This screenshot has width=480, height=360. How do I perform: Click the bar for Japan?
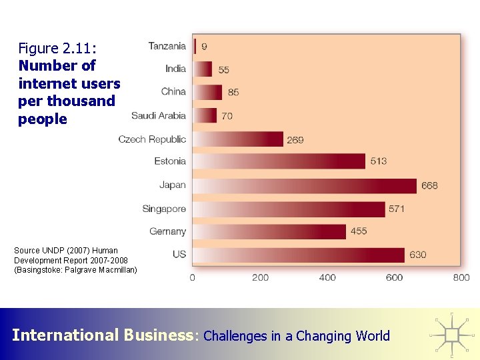305,185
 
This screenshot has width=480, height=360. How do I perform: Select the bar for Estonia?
279,161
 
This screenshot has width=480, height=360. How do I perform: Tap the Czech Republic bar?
238,139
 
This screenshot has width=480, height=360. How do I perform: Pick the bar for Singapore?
289,209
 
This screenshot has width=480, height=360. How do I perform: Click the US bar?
299,255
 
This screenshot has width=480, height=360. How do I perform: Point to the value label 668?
429,185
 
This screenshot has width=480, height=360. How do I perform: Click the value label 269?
295,140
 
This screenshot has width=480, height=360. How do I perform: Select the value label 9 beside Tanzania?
204,47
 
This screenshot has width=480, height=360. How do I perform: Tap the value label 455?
358,231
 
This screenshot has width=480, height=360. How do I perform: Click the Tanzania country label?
167,46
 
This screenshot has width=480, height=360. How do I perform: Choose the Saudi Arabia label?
159,115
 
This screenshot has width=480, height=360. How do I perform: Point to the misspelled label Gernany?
167,231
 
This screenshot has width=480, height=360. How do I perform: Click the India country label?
175,69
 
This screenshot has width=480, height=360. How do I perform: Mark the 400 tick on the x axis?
327,277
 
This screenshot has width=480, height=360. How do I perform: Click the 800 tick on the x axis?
461,277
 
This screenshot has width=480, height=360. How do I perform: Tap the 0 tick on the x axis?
193,277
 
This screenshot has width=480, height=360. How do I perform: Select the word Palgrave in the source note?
82,269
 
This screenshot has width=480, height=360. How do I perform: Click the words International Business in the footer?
101,335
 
